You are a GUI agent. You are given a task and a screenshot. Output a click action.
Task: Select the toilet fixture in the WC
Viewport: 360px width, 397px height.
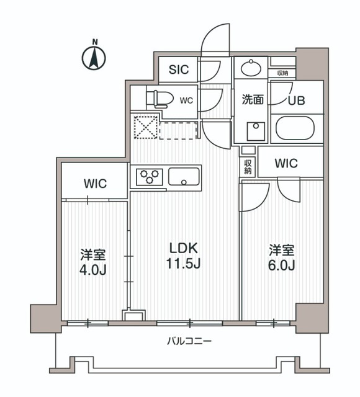coord(158,98)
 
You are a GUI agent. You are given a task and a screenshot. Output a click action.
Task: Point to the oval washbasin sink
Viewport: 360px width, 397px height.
coord(251,68)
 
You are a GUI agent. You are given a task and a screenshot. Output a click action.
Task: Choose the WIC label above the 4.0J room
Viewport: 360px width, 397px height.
coord(96,184)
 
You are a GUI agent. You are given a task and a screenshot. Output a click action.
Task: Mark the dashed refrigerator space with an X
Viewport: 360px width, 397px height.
coord(147,128)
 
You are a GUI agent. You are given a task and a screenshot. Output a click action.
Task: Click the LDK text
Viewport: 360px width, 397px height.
coord(184,248)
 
